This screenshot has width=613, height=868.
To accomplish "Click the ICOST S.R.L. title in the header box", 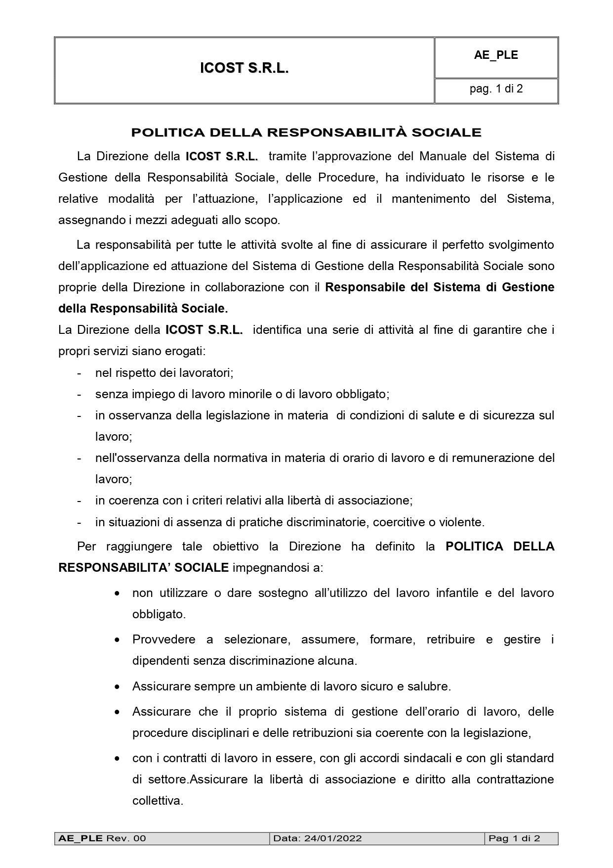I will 244,68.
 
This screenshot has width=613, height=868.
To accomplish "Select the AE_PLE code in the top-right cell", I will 496,55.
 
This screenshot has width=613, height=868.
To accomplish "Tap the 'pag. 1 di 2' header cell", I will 496,89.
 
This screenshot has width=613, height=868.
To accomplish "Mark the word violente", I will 463,522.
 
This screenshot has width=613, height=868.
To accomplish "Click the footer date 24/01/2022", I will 333,838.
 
